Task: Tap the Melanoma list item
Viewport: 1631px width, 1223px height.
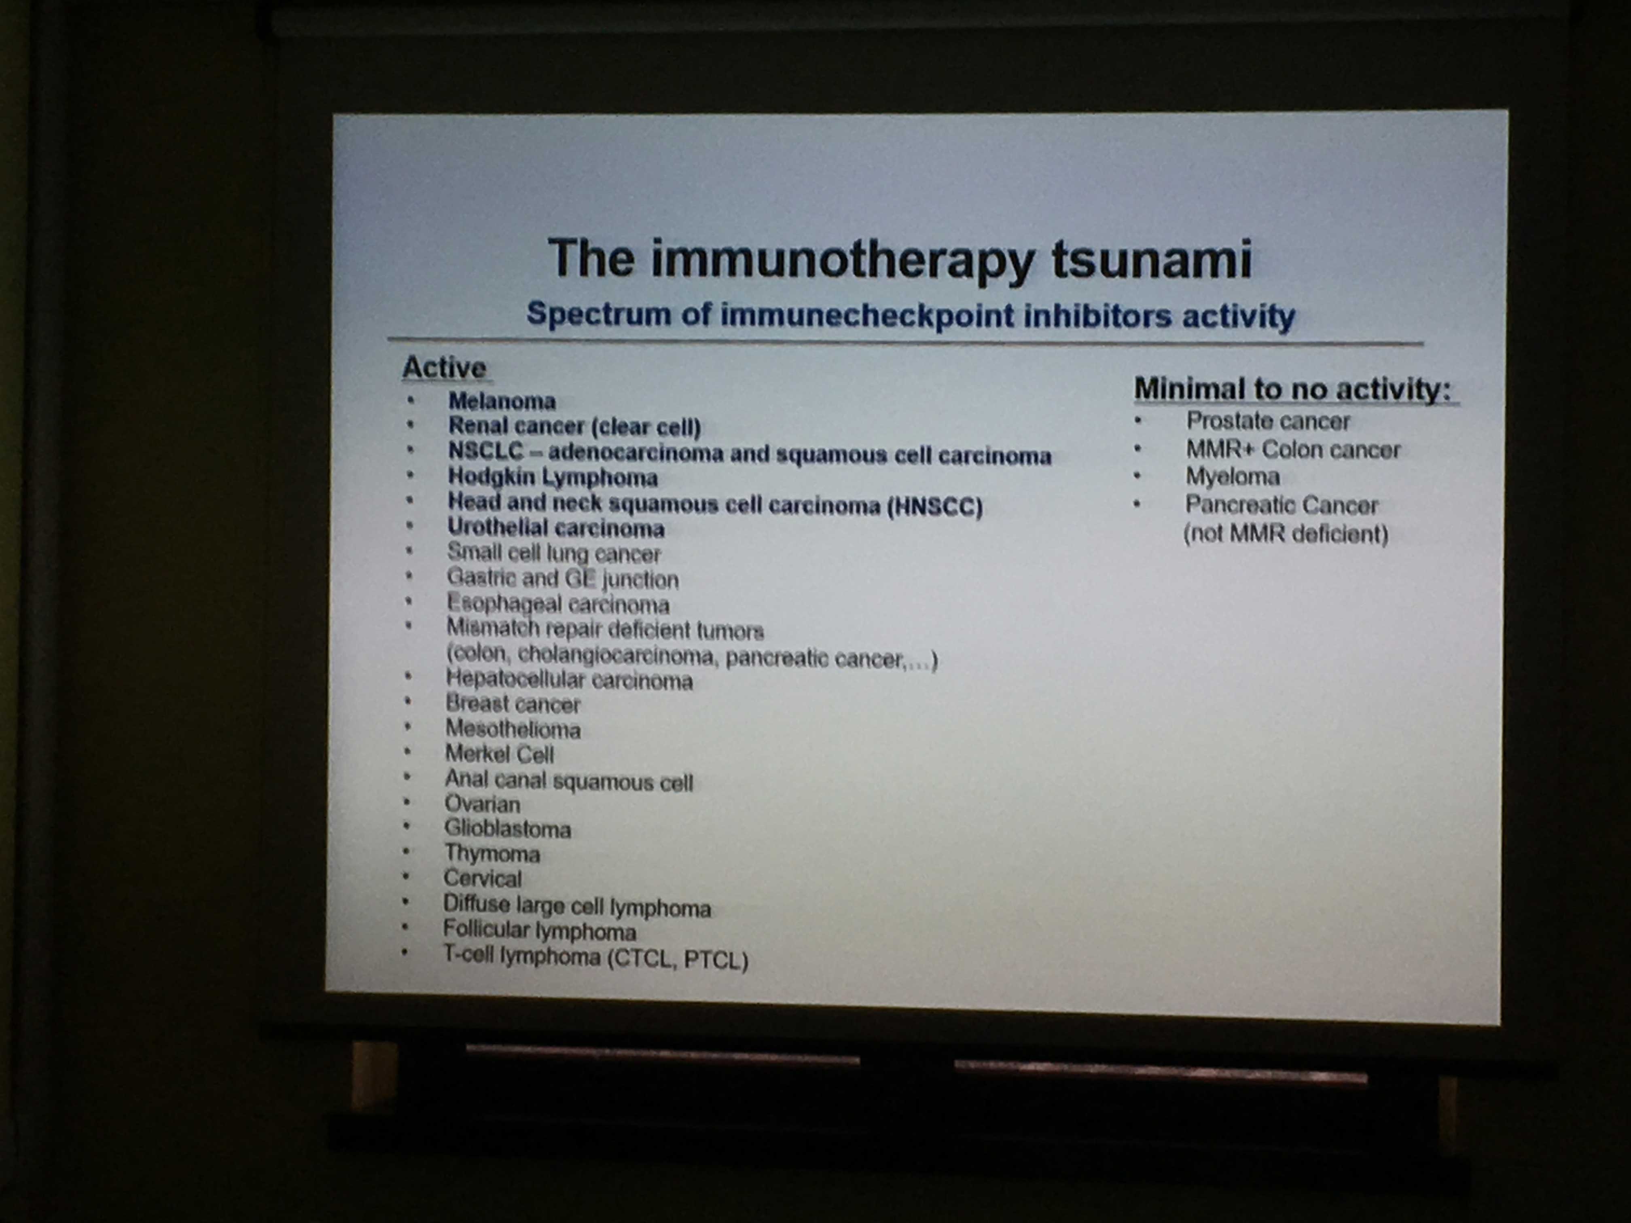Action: point(501,401)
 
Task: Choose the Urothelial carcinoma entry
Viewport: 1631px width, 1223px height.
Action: point(556,528)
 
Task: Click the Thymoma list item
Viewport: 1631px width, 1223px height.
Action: point(492,854)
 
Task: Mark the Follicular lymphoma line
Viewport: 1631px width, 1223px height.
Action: point(539,930)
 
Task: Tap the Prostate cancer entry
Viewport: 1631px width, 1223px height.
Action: point(1267,421)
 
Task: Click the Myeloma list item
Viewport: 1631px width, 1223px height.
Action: point(1232,477)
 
